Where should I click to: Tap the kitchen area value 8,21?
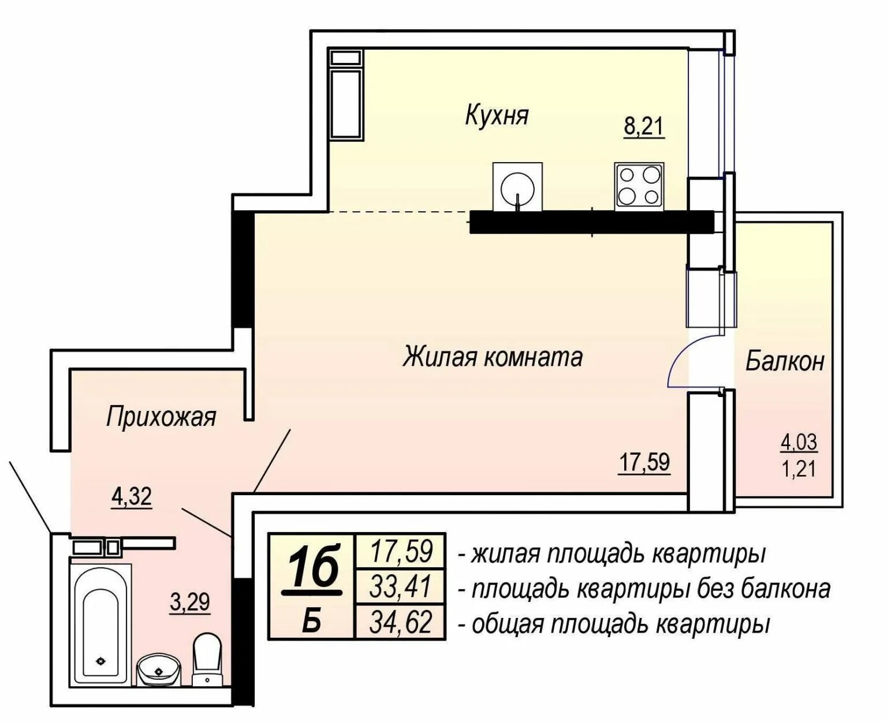pos(643,126)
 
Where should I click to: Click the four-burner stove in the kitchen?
pos(639,186)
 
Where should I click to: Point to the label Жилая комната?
pos(492,357)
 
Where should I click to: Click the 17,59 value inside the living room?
pos(644,462)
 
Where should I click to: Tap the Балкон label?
pos(785,361)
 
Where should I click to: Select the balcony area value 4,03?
pos(798,442)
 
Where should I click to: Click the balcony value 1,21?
pos(799,469)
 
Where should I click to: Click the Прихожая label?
pos(161,417)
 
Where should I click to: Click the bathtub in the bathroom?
pos(100,625)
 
